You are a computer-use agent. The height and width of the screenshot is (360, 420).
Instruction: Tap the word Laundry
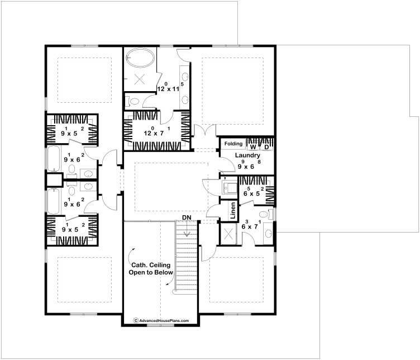coord(247,155)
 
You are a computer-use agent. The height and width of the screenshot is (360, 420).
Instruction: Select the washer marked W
coord(253,147)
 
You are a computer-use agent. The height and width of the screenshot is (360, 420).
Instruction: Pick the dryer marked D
coord(266,147)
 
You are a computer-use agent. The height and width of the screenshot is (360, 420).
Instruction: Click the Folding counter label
coord(233,144)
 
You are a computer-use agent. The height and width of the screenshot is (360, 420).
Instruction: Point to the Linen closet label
coord(233,210)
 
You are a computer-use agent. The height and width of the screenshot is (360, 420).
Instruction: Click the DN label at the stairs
coord(187,217)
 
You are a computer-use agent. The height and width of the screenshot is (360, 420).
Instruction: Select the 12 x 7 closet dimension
coord(157,131)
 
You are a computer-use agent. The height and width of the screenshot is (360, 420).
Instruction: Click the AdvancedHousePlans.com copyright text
coord(161,320)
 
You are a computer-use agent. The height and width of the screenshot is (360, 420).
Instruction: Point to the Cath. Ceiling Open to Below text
coord(151,268)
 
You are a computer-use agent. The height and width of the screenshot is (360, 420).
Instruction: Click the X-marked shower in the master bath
coord(140,79)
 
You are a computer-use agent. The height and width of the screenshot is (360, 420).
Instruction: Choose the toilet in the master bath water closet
coord(133,101)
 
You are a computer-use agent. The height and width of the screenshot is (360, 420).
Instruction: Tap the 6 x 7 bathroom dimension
coord(251,225)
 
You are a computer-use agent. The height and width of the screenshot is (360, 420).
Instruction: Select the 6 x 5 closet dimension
coord(254,192)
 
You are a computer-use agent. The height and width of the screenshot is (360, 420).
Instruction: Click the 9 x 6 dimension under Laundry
coord(249,164)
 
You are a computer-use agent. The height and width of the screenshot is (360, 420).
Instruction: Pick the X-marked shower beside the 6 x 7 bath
coord(228,234)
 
